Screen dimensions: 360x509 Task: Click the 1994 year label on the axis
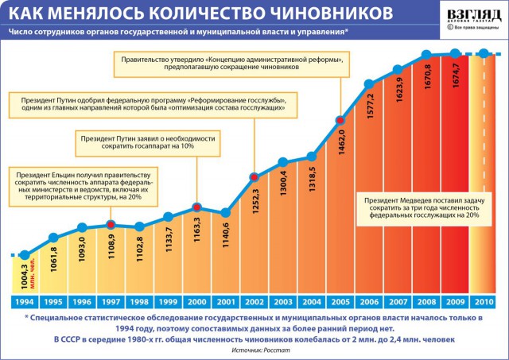point(25,301)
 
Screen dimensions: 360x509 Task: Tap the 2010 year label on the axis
point(483,301)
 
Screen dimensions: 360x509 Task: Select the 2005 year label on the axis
point(340,301)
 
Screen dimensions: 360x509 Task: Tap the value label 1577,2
point(369,109)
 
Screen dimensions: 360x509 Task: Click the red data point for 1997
point(111,223)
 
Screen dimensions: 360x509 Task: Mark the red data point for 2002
point(254,176)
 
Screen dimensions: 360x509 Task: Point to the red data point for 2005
point(340,119)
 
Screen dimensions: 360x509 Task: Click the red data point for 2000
point(196,208)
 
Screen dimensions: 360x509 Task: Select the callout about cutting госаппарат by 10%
point(148,142)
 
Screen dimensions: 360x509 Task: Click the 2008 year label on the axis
point(425,301)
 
